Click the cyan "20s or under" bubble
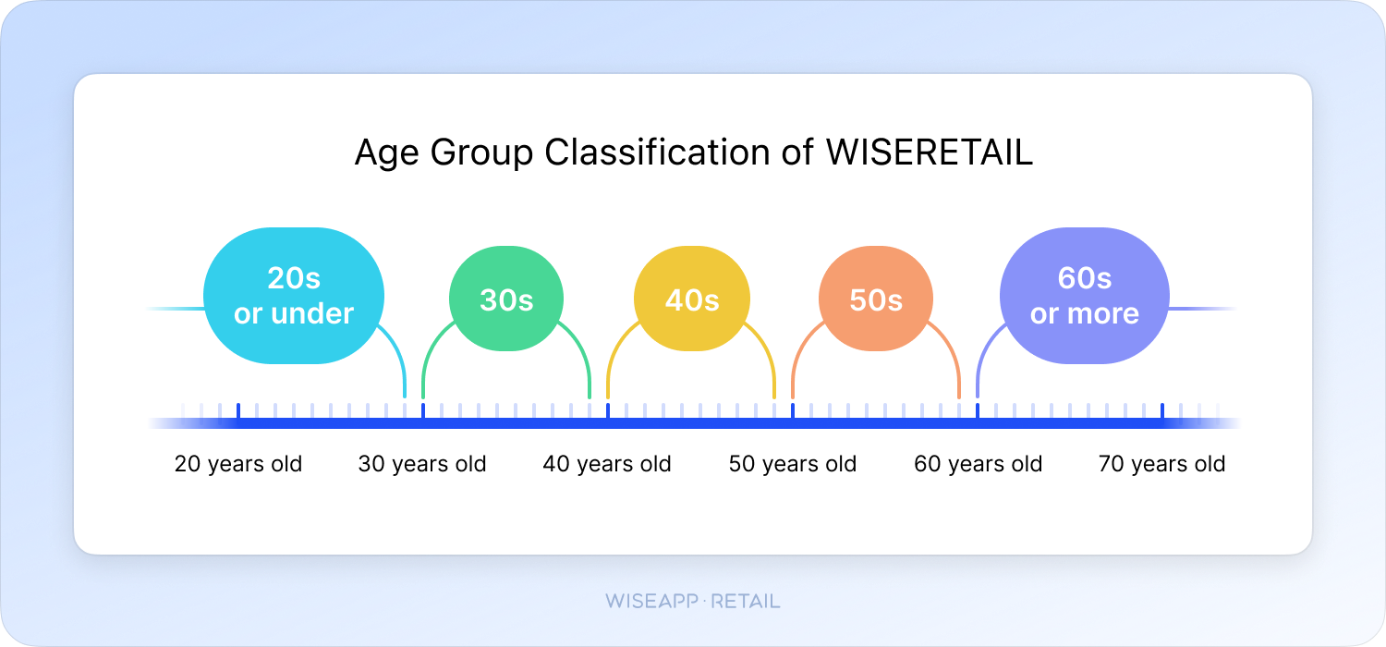[294, 296]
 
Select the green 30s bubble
[506, 299]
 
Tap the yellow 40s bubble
[692, 299]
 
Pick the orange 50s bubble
[876, 299]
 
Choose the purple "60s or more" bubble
[1085, 296]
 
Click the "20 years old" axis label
[238, 464]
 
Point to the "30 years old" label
[422, 464]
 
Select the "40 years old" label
[607, 464]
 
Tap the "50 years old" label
[793, 464]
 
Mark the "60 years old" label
[979, 464]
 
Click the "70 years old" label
[1162, 464]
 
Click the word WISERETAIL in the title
[930, 152]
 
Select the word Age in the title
[387, 153]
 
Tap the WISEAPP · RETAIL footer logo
[693, 601]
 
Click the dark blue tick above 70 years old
[1162, 411]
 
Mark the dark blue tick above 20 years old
[238, 411]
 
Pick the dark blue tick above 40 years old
[608, 411]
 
